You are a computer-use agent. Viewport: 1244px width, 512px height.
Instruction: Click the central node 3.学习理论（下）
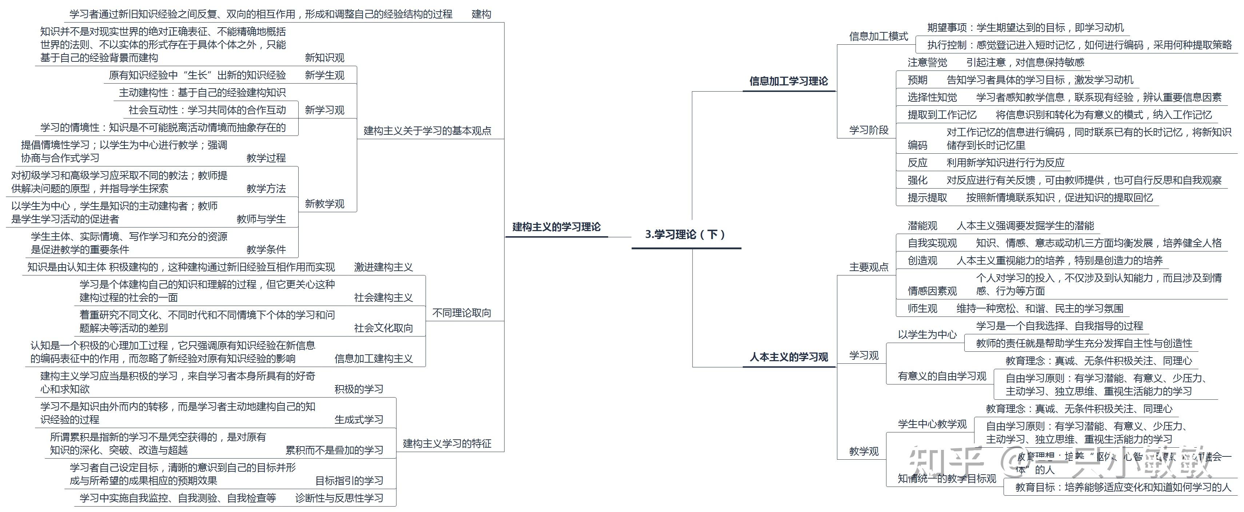(685, 234)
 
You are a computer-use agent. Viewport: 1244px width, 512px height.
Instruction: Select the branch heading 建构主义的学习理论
(556, 227)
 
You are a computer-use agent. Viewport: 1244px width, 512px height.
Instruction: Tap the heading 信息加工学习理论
(788, 81)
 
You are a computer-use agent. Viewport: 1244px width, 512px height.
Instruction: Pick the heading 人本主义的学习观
(789, 357)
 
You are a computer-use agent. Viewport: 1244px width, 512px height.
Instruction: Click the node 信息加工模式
(878, 36)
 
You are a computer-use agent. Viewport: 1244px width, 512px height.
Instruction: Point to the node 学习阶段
(869, 130)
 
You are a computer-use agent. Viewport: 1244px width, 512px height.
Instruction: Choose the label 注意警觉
(927, 62)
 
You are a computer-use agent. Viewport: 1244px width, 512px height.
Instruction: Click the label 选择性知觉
(932, 97)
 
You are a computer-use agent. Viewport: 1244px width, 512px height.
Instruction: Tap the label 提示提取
(927, 197)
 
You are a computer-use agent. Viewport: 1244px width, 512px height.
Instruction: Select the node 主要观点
(869, 267)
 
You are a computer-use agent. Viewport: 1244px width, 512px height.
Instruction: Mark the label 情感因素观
(932, 291)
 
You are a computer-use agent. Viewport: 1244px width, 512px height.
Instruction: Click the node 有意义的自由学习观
(942, 376)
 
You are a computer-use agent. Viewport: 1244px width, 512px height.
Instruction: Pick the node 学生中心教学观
(932, 424)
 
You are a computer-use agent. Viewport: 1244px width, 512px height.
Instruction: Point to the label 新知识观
(324, 58)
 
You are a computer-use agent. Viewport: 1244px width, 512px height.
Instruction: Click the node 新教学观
(324, 203)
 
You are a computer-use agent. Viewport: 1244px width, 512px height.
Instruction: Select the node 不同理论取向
(461, 313)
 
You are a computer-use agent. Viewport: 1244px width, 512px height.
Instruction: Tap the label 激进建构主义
(383, 267)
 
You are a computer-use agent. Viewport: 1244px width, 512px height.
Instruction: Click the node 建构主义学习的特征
(447, 443)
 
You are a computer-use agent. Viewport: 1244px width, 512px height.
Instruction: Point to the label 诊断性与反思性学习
(339, 498)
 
